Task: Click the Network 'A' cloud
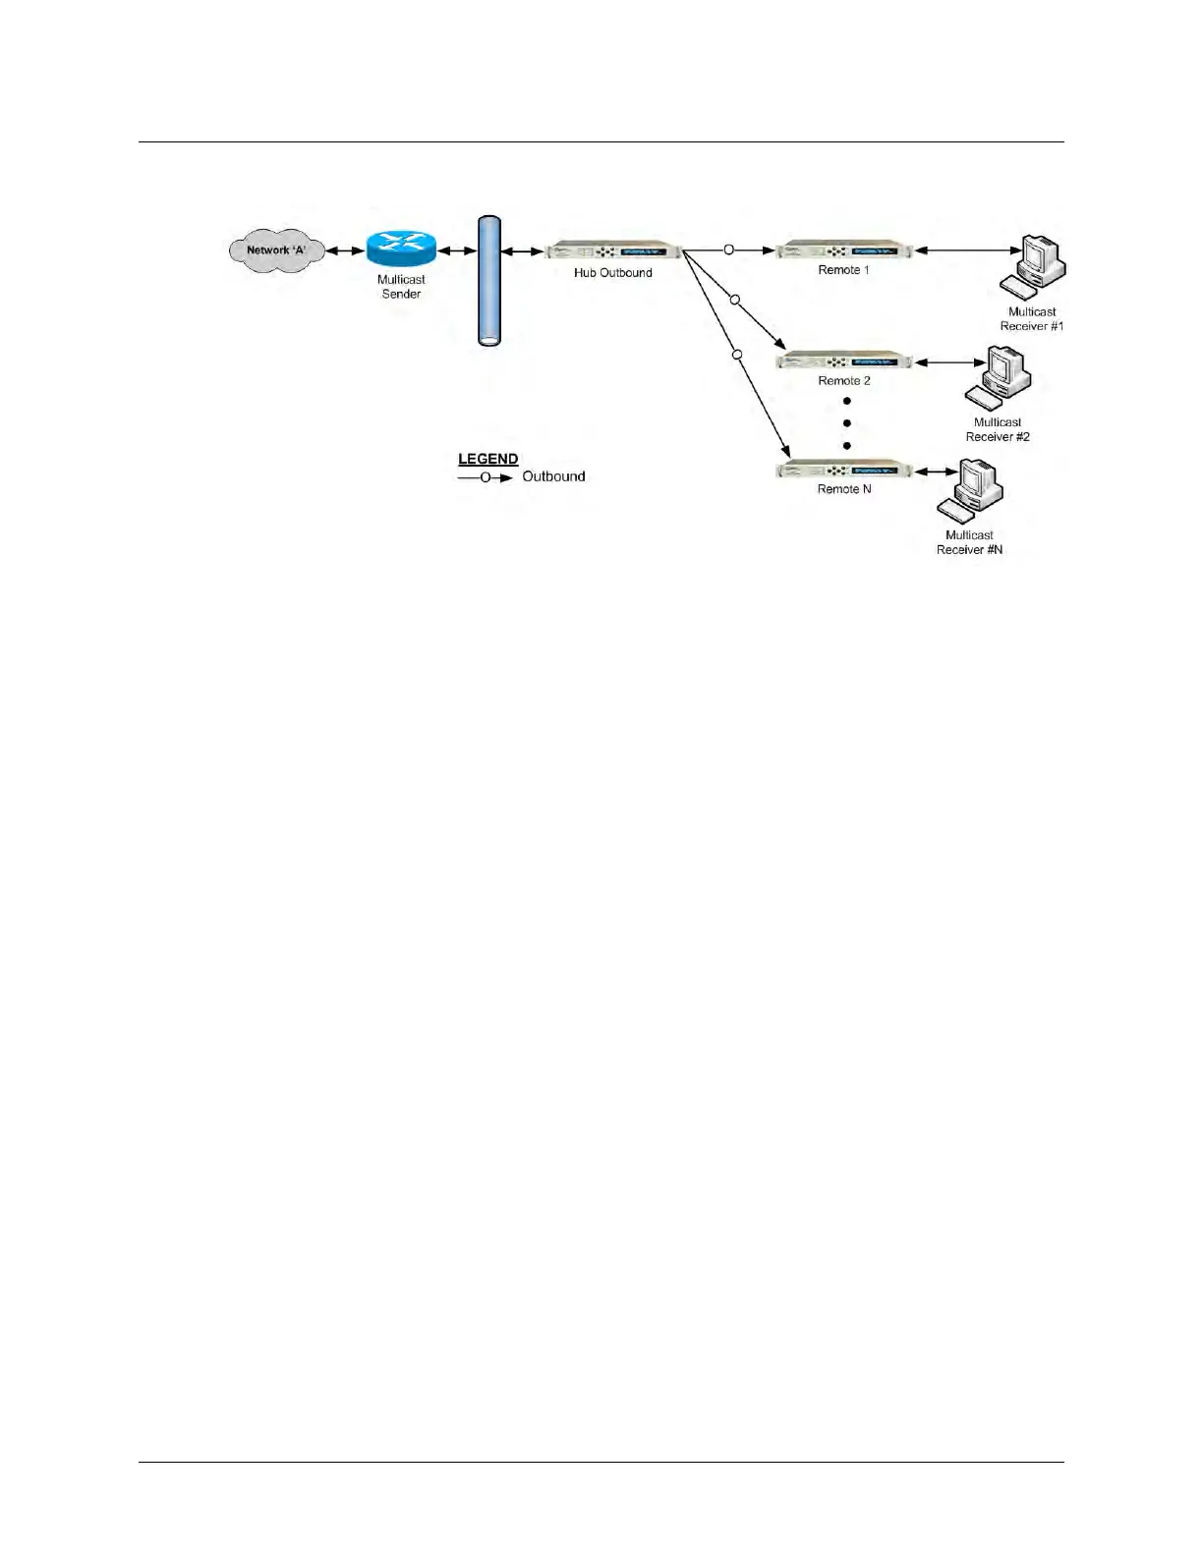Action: [x=275, y=250]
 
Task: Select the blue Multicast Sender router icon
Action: [x=401, y=249]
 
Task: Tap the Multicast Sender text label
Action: [x=401, y=287]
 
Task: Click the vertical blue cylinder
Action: [x=489, y=281]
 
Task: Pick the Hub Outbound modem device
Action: [x=613, y=250]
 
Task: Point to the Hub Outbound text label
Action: [x=613, y=273]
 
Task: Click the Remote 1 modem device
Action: [x=844, y=250]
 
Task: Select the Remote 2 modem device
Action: [x=844, y=361]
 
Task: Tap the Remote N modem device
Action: [x=844, y=471]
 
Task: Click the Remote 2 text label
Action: [x=844, y=381]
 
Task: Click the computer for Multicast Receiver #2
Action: [x=999, y=377]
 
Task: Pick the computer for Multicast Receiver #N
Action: [x=969, y=489]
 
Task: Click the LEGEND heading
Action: [x=488, y=459]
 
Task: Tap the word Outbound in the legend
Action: [x=553, y=476]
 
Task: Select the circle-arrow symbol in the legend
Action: [x=486, y=477]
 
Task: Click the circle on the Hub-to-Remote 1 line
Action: [x=728, y=250]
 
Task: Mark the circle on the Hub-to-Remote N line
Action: [x=737, y=354]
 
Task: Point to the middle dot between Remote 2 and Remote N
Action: [x=846, y=423]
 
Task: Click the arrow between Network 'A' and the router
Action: [x=345, y=250]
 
